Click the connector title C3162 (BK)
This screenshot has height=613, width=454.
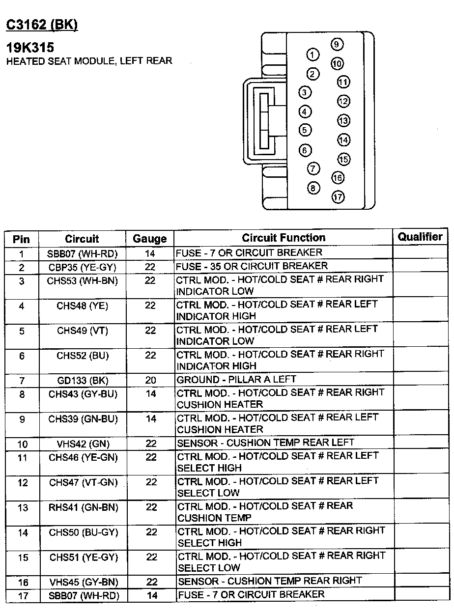coord(42,25)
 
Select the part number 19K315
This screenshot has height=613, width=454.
coord(30,48)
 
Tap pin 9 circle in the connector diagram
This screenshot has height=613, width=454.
coord(337,44)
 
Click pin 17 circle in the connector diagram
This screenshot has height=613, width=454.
coord(338,197)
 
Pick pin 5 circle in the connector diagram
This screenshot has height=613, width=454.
coord(305,130)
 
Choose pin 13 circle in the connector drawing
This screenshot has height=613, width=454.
coord(343,121)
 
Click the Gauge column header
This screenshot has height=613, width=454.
coord(150,239)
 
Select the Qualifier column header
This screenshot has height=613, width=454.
coord(420,237)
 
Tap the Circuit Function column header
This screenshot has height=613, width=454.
coord(284,238)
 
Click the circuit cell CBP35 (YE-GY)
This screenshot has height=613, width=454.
coord(82,267)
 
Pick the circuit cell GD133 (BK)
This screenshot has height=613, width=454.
coord(83,381)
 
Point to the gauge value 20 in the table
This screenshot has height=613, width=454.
coord(150,381)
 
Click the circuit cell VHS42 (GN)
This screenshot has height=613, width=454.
coord(82,444)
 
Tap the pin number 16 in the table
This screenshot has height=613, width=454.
coord(23,583)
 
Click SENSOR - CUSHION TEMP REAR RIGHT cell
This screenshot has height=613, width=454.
coord(269,581)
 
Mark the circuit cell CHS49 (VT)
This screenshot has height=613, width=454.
coord(83,331)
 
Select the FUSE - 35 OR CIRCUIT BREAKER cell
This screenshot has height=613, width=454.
coord(252,266)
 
